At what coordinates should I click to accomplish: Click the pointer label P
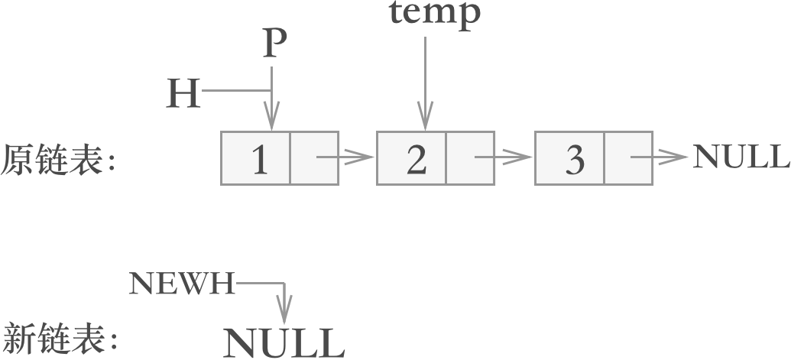[x=273, y=44]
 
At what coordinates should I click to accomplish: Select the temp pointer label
[x=435, y=13]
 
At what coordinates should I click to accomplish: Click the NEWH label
[x=182, y=284]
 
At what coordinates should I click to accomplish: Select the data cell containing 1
[x=256, y=158]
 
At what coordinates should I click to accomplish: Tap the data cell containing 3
[x=570, y=158]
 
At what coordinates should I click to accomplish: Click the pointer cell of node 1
[x=314, y=158]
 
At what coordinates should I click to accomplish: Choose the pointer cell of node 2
[x=471, y=158]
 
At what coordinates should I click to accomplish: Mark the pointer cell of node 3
[x=628, y=158]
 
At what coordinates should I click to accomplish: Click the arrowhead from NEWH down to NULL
[x=284, y=313]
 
